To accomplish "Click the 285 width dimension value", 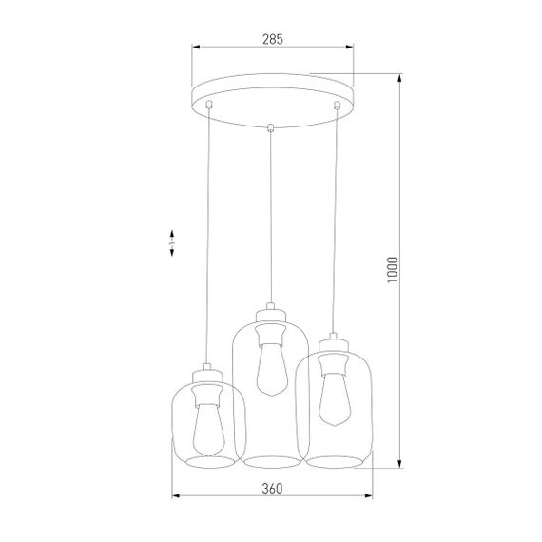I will click(x=273, y=39).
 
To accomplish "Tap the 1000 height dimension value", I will click(x=407, y=271).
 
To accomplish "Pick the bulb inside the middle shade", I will click(x=270, y=365).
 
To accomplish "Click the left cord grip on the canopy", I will click(x=208, y=105).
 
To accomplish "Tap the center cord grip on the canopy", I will click(x=273, y=127).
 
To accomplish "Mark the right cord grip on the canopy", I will click(x=336, y=105).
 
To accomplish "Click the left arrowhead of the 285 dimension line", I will click(x=196, y=47).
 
